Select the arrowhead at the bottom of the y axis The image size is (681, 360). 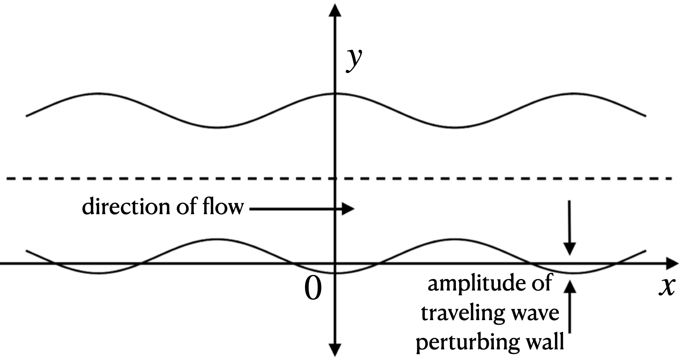(x=334, y=349)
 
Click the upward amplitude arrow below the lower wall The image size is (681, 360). (x=569, y=308)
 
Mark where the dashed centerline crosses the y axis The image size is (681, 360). (x=334, y=178)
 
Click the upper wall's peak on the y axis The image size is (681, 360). (x=334, y=93)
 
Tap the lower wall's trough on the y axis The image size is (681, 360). (x=334, y=273)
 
